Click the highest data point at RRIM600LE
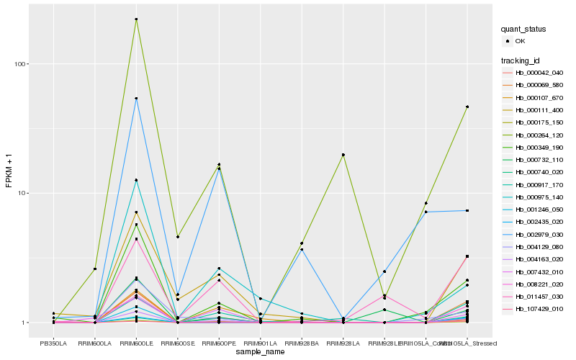tap(137, 19)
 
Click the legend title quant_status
tap(524, 30)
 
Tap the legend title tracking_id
tap(521, 60)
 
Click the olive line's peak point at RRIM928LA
tap(343, 155)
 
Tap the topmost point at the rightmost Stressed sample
tap(467, 107)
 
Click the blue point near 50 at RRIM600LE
tap(137, 99)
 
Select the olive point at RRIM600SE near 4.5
tap(178, 237)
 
